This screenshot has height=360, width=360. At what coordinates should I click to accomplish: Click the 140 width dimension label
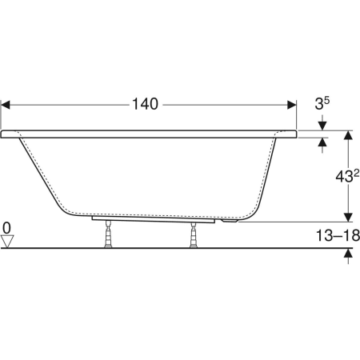pos(145,104)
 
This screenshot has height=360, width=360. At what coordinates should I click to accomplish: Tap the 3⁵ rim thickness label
pos(322,103)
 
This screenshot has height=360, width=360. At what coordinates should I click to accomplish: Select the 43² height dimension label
pos(347,176)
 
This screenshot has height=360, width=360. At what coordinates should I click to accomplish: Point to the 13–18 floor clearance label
pos(338,235)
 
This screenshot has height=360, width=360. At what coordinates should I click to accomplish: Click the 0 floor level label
pos(6,228)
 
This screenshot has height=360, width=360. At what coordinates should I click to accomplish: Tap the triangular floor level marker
pos(7,241)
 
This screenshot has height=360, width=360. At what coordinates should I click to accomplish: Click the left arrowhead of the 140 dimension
pos(6,105)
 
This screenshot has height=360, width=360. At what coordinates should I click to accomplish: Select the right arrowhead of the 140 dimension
pos(292,105)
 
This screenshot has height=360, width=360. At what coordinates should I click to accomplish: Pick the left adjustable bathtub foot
pos(108,234)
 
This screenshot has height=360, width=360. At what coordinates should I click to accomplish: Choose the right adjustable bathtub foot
pos(194,235)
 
